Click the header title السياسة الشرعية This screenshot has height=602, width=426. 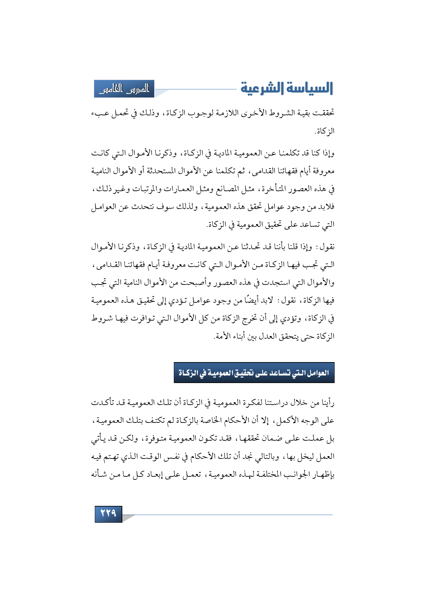(287, 89)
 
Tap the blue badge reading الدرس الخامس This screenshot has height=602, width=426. (124, 89)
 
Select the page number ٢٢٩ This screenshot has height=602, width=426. (108, 514)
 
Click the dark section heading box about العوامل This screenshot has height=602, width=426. (254, 373)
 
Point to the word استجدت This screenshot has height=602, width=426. (276, 283)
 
